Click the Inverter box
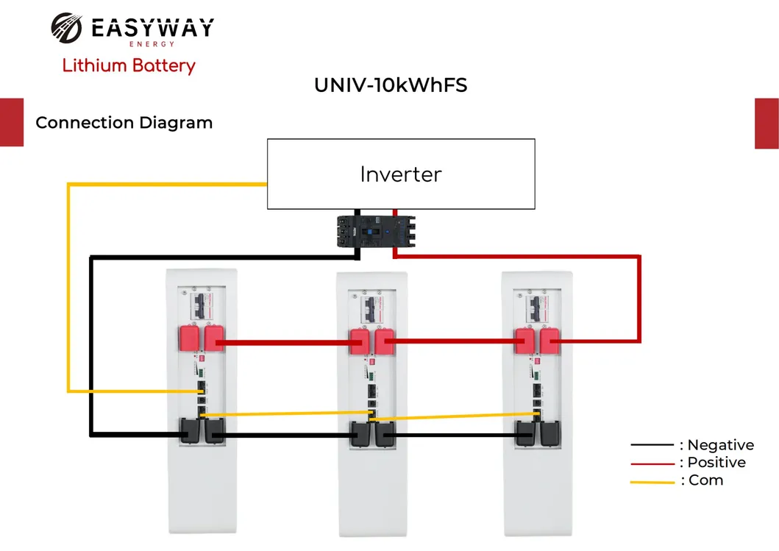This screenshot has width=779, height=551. click(401, 174)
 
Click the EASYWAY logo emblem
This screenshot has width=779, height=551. click(68, 29)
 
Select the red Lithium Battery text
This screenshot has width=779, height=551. click(129, 65)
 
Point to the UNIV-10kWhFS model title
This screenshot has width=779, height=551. click(391, 85)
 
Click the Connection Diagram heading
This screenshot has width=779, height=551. click(124, 123)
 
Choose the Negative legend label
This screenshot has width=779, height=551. click(720, 445)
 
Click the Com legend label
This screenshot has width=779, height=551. click(705, 480)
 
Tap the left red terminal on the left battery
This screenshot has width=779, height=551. click(191, 339)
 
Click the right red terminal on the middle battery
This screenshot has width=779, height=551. click(385, 342)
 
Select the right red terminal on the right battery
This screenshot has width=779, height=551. click(550, 341)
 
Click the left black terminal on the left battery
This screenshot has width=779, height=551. click(191, 431)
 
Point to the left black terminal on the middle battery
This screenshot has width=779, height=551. click(360, 433)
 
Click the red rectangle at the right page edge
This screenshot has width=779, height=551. click(766, 124)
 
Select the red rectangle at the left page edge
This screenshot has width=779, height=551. click(11, 122)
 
